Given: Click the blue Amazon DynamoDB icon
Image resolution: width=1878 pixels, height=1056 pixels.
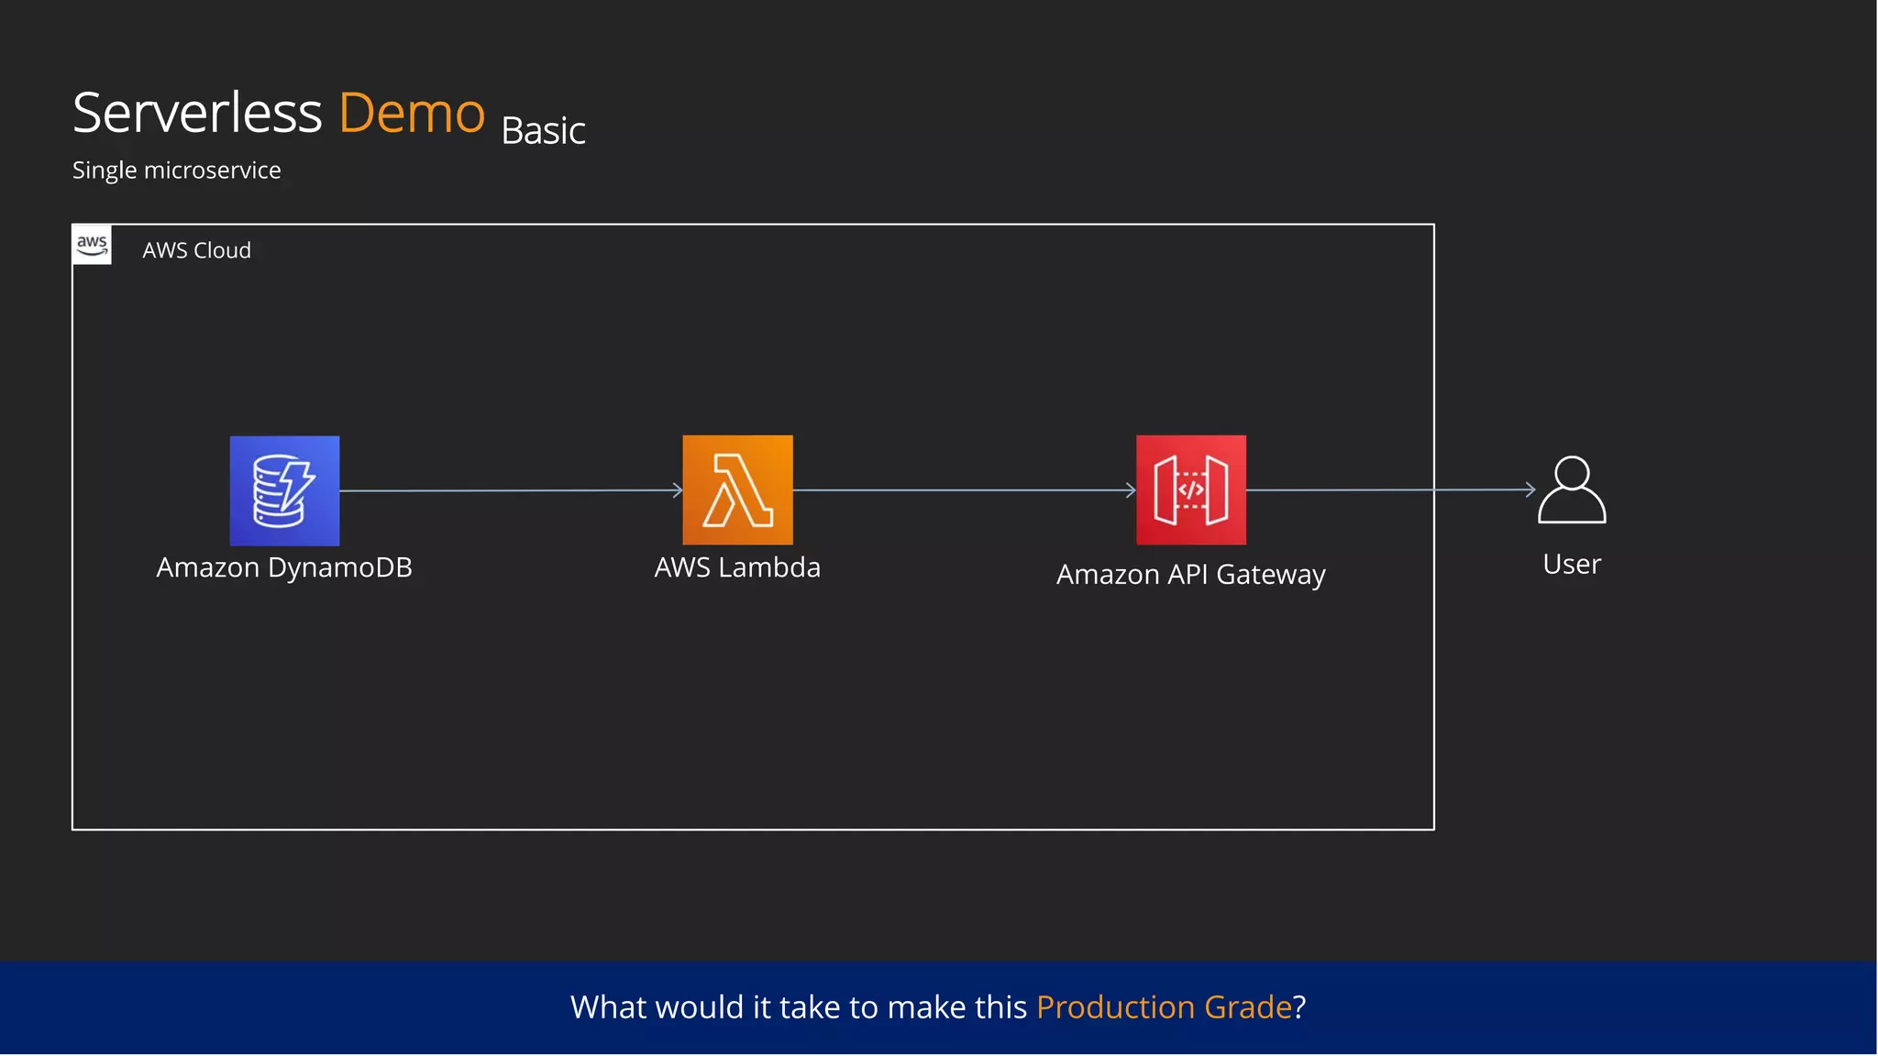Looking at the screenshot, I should (284, 490).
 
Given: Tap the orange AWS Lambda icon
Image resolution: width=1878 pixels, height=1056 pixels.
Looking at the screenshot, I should (737, 490).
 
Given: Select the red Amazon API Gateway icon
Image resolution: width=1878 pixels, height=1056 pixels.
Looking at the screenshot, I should (1190, 490).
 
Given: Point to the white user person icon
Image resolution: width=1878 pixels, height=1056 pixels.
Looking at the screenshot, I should (1572, 490).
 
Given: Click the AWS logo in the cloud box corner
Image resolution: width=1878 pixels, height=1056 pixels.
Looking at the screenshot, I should (92, 245).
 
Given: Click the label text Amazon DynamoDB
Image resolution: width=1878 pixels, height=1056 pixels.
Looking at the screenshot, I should (284, 567).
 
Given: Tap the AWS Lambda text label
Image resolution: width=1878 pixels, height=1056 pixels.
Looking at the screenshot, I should (737, 567).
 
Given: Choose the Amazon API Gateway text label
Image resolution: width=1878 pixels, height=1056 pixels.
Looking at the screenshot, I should (1190, 575).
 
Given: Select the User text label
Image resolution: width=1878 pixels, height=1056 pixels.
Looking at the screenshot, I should (1572, 565).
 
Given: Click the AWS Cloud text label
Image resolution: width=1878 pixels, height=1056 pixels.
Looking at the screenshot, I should (196, 250).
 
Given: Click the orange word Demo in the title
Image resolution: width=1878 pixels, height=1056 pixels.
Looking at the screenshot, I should (412, 113).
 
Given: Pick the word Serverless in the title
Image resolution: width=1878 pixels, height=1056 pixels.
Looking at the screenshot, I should (197, 113).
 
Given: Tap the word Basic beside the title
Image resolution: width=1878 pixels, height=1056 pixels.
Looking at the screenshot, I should (543, 131).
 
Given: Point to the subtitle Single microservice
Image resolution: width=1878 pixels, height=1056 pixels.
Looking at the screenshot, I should (176, 170).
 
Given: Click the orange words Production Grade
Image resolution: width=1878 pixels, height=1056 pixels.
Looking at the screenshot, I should (1164, 1007).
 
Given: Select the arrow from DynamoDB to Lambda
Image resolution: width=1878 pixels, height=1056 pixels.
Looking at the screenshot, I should (510, 490).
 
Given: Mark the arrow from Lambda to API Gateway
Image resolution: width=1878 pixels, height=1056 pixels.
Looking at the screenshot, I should (964, 490).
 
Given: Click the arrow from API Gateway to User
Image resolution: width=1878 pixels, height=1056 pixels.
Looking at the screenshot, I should (1390, 490).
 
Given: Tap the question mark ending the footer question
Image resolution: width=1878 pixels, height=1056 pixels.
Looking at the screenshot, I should (1299, 1007).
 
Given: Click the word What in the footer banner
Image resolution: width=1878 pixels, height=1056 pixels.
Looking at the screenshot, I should (609, 1007).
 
